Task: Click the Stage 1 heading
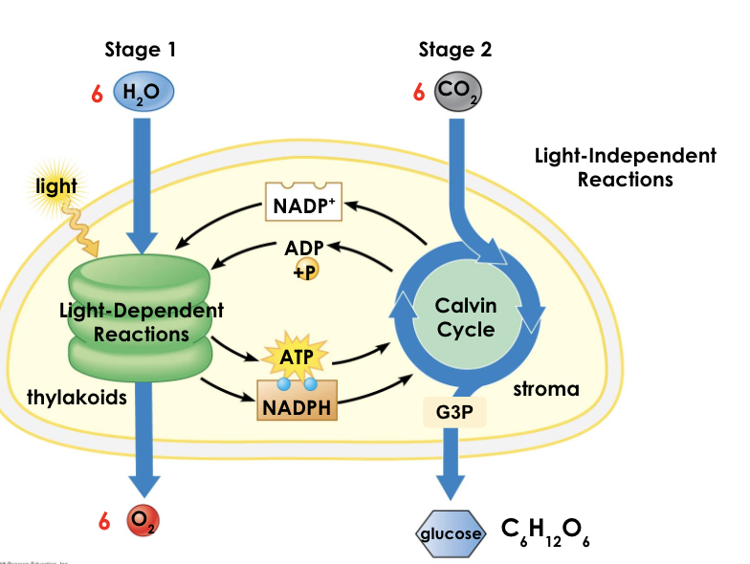point(140,51)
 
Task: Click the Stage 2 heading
point(455,51)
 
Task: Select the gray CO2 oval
point(457,94)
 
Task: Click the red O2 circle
point(142,522)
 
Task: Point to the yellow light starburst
point(56,187)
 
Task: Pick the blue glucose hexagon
point(449,531)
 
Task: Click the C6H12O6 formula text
point(545,531)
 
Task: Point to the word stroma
point(546,389)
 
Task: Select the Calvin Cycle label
point(465,317)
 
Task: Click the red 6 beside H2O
point(97,95)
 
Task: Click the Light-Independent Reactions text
point(625,167)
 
